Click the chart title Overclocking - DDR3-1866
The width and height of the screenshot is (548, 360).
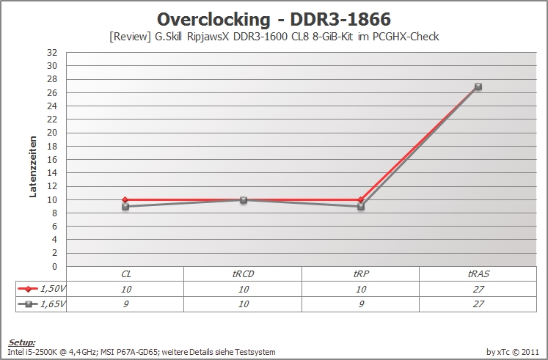(274, 19)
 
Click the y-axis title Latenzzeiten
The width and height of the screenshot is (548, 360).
(33, 167)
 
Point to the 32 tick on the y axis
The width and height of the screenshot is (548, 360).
(52, 53)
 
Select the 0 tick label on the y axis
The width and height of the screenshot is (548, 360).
(54, 267)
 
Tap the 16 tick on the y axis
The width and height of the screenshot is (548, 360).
(52, 160)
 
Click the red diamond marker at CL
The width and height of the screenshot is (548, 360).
(125, 199)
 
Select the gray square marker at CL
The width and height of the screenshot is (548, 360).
(125, 207)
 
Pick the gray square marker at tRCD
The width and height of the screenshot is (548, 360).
(244, 199)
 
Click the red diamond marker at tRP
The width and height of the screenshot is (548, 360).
(361, 199)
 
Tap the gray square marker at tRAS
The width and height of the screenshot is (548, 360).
(478, 87)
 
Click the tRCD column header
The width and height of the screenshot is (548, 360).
(243, 274)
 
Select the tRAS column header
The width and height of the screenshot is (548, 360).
(478, 274)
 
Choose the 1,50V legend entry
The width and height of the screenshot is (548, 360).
(41, 289)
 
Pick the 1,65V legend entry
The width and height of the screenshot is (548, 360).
(41, 304)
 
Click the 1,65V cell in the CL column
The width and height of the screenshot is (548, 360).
(125, 304)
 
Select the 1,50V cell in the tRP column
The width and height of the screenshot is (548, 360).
(361, 289)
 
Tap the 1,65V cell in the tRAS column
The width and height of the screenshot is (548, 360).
(478, 304)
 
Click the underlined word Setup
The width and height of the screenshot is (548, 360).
(22, 342)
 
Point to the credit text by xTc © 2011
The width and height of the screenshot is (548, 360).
(513, 352)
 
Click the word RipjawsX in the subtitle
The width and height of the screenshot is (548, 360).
(208, 37)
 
